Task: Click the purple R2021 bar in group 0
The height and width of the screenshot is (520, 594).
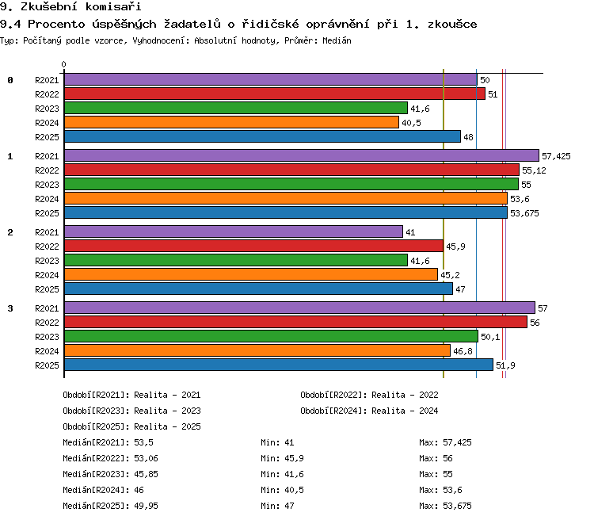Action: tap(271, 79)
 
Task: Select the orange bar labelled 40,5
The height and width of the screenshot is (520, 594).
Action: tap(231, 123)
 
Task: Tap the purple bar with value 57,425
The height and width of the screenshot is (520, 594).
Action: tap(302, 155)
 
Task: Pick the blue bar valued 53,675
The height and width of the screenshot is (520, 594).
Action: tap(286, 212)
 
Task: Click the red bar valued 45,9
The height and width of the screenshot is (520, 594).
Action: tap(253, 246)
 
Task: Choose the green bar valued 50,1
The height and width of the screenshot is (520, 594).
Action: tap(271, 336)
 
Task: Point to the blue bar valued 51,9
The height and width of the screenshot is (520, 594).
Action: tap(279, 365)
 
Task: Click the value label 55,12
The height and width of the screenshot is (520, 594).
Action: tap(534, 170)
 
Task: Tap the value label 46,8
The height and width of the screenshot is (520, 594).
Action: tap(463, 352)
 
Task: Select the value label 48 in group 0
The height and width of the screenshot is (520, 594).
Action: tap(469, 137)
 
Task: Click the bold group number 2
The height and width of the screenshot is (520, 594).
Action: tap(10, 232)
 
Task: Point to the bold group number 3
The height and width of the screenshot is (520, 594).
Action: tap(10, 308)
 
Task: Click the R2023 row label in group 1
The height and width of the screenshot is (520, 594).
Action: tap(47, 185)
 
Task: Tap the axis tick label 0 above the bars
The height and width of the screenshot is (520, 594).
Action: tap(63, 64)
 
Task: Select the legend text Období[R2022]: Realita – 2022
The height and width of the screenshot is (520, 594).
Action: tap(369, 395)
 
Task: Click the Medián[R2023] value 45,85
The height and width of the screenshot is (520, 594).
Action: tap(147, 474)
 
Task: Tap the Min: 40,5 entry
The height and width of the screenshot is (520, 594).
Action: tap(282, 490)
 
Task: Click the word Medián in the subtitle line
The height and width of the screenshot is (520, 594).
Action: tap(337, 40)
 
